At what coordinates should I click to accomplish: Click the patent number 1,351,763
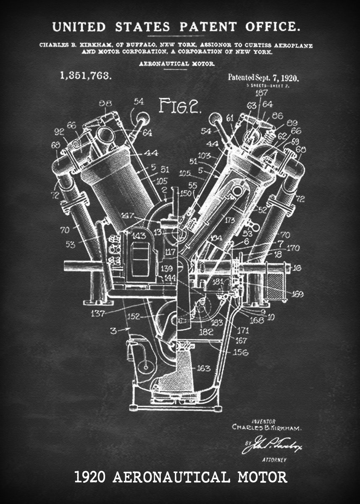click(x=85, y=76)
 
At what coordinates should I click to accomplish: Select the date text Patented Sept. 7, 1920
click(x=263, y=77)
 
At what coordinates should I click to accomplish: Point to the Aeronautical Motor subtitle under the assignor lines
click(x=177, y=64)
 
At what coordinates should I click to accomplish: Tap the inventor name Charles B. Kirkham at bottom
click(x=267, y=427)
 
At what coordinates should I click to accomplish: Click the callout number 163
click(x=204, y=368)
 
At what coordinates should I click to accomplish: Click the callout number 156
click(x=240, y=352)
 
